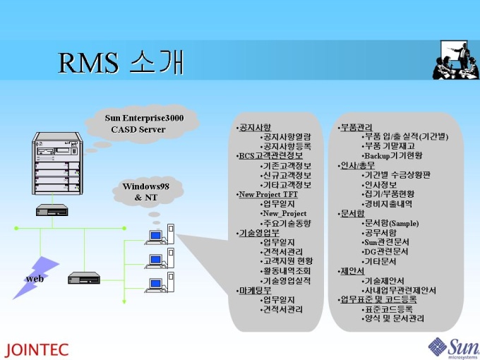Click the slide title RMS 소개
pos(121,62)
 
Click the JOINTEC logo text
pos(37,349)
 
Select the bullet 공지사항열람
pos(286,137)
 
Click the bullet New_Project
pos(284,213)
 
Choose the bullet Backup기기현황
pos(392,155)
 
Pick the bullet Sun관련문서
pos(385,241)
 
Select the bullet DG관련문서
pos(385,251)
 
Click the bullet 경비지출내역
pos(388,203)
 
